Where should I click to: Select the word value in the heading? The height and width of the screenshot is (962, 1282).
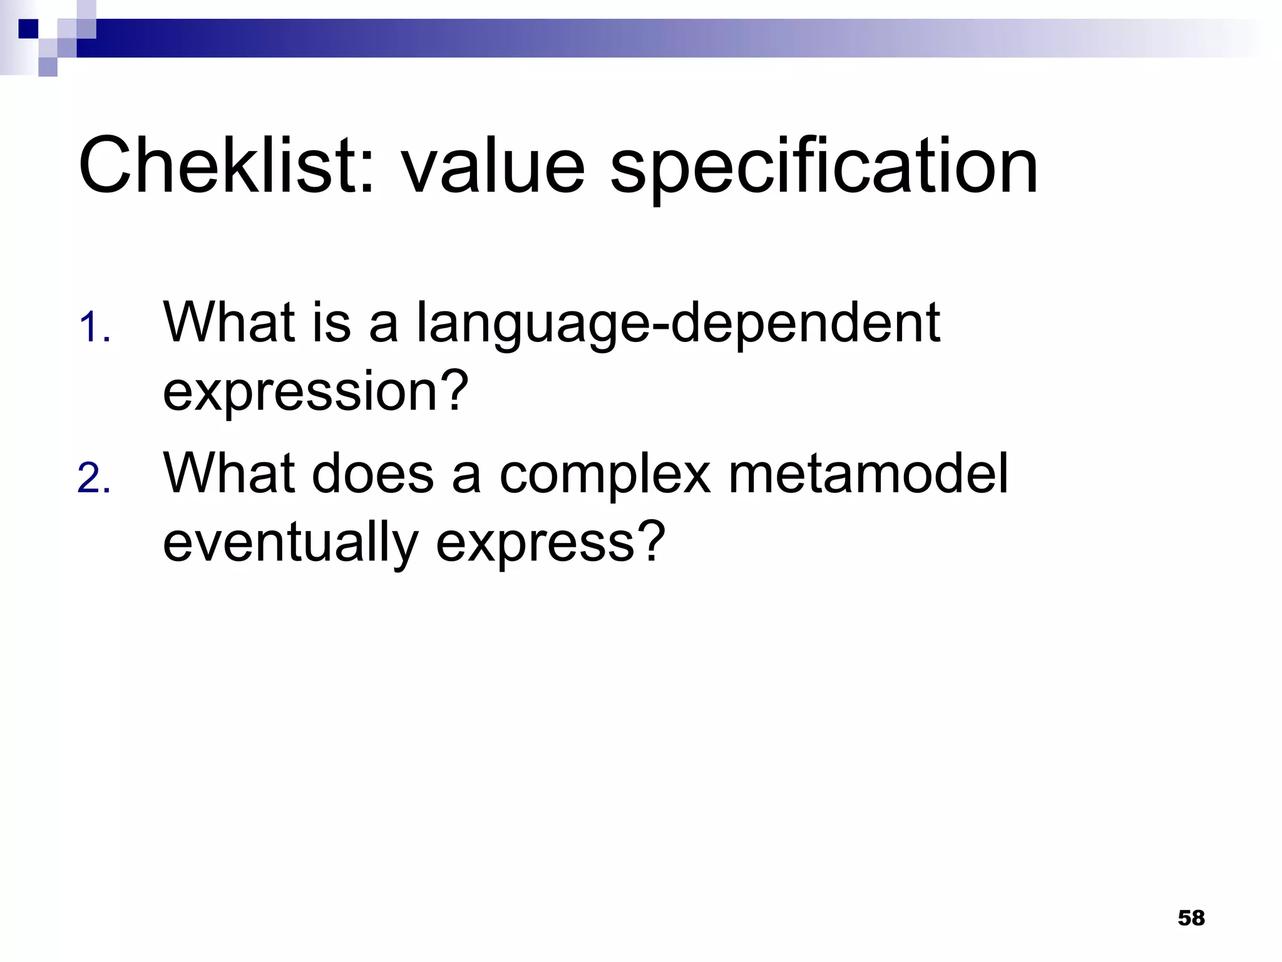[x=493, y=166]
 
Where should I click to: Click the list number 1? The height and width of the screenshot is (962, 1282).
[x=94, y=328]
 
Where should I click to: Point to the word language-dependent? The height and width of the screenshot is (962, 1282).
[x=678, y=324]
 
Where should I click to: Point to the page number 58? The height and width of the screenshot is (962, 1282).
[x=1191, y=918]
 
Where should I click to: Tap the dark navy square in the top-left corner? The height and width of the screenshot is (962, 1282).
[x=28, y=29]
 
